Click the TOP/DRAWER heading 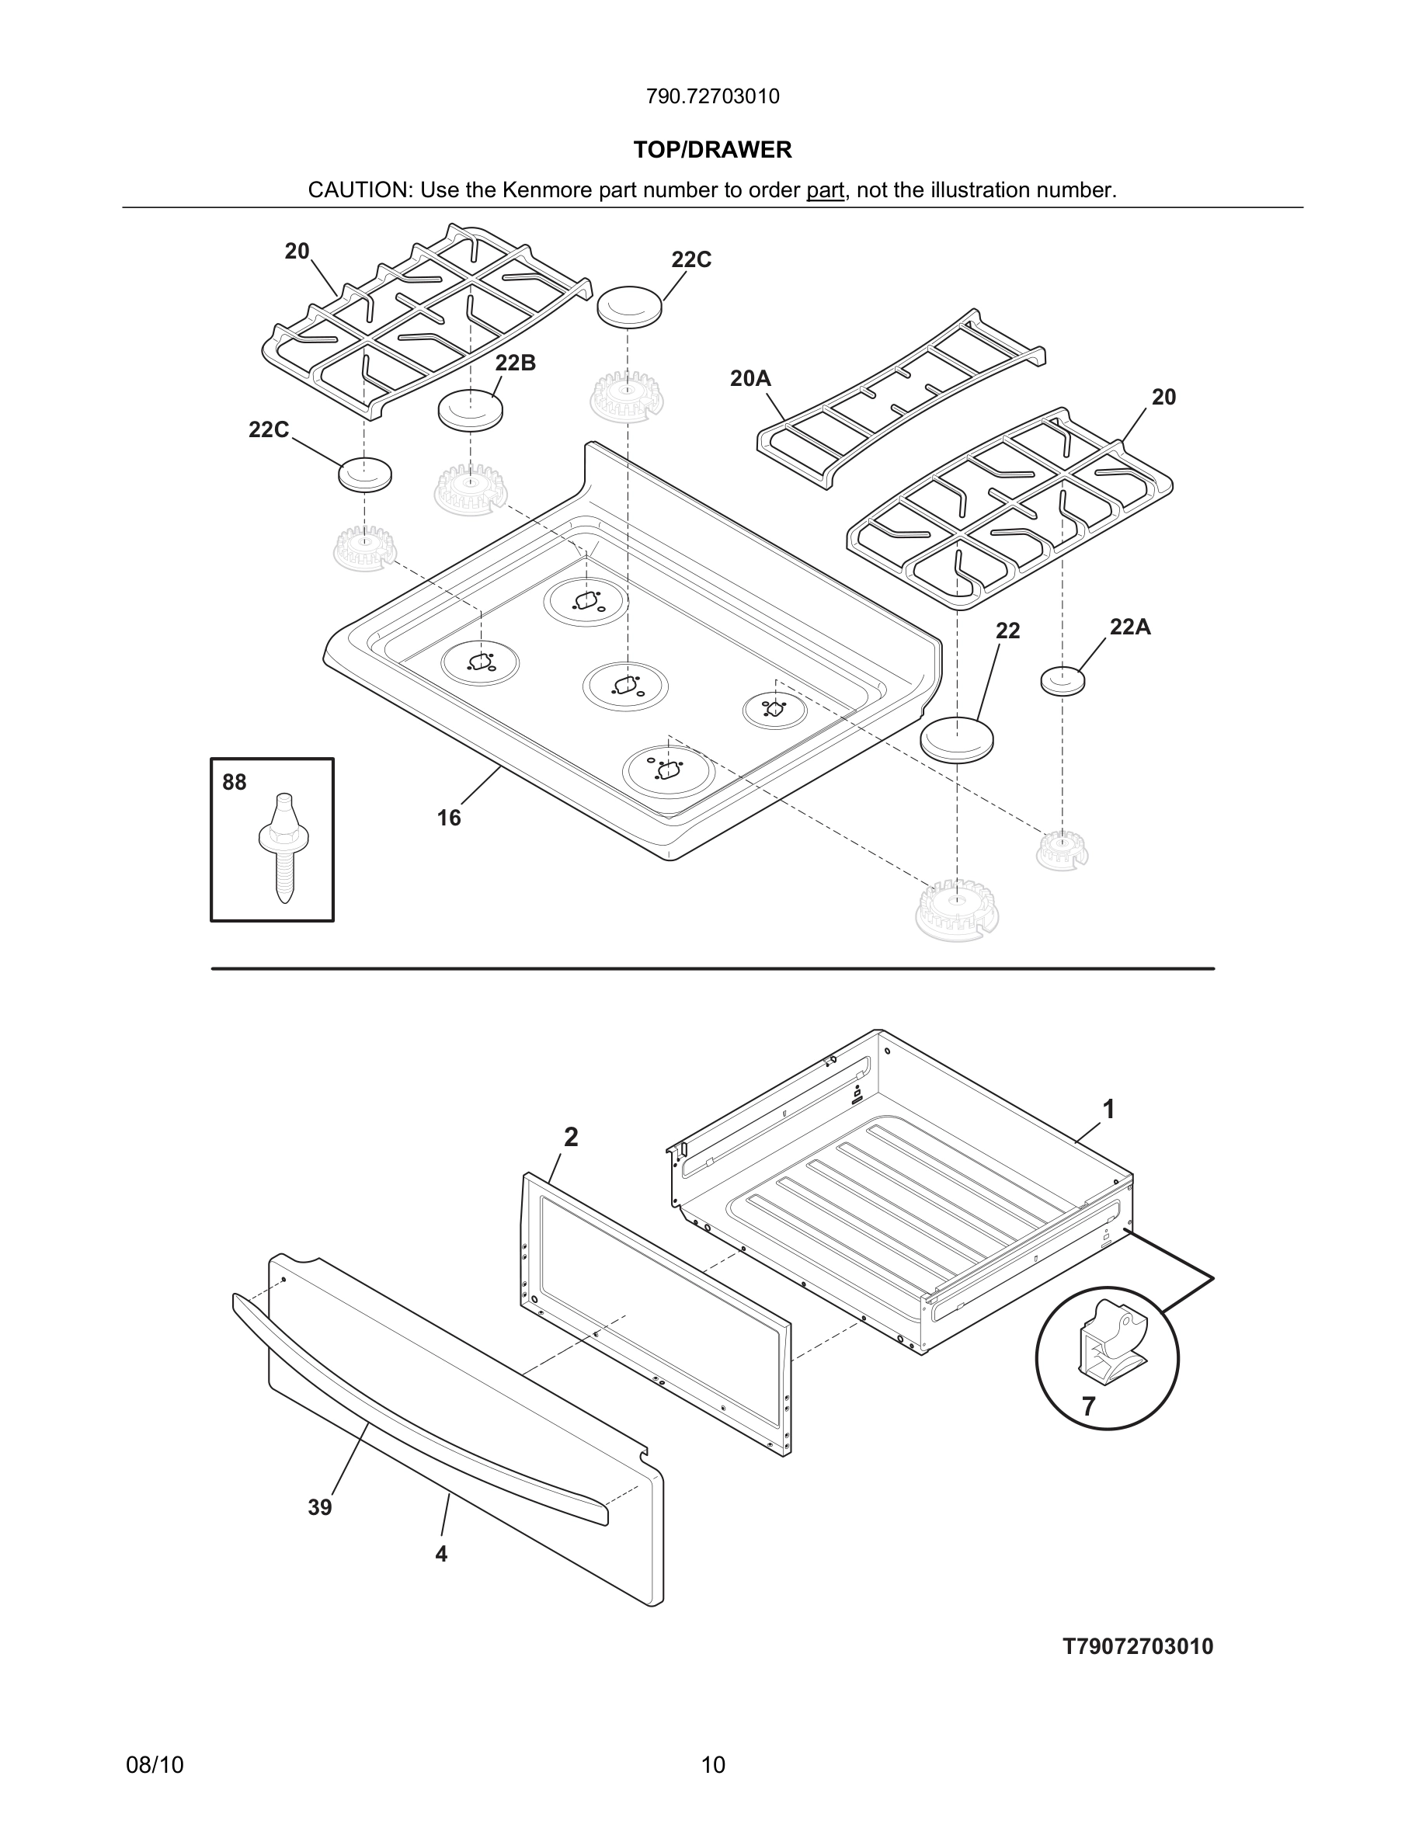(x=712, y=150)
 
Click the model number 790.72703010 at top (x=712, y=96)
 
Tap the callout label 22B (x=515, y=363)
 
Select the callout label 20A (x=750, y=378)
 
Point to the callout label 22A (x=1129, y=627)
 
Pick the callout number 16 (x=449, y=818)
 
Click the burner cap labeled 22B (x=470, y=411)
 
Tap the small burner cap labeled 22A (x=1062, y=680)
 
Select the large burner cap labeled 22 (x=955, y=739)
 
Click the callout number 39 (x=319, y=1508)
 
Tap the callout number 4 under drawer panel (x=441, y=1554)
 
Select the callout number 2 (x=571, y=1138)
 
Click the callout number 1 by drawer (x=1108, y=1109)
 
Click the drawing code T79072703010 (x=1137, y=1646)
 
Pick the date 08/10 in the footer (x=155, y=1765)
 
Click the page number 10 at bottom (x=712, y=1765)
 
